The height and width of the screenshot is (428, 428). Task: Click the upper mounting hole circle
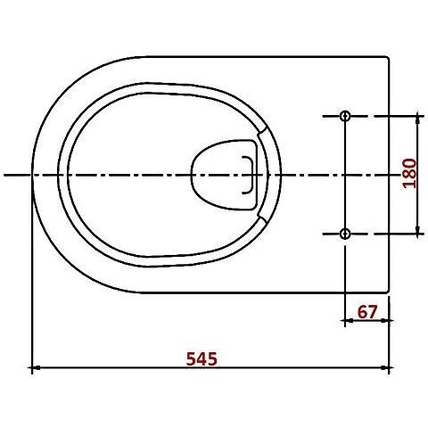(x=346, y=116)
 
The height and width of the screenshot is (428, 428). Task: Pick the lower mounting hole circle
(x=346, y=234)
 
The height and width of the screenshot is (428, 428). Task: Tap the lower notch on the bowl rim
(x=261, y=217)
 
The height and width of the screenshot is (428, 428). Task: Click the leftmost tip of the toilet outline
(x=33, y=175)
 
